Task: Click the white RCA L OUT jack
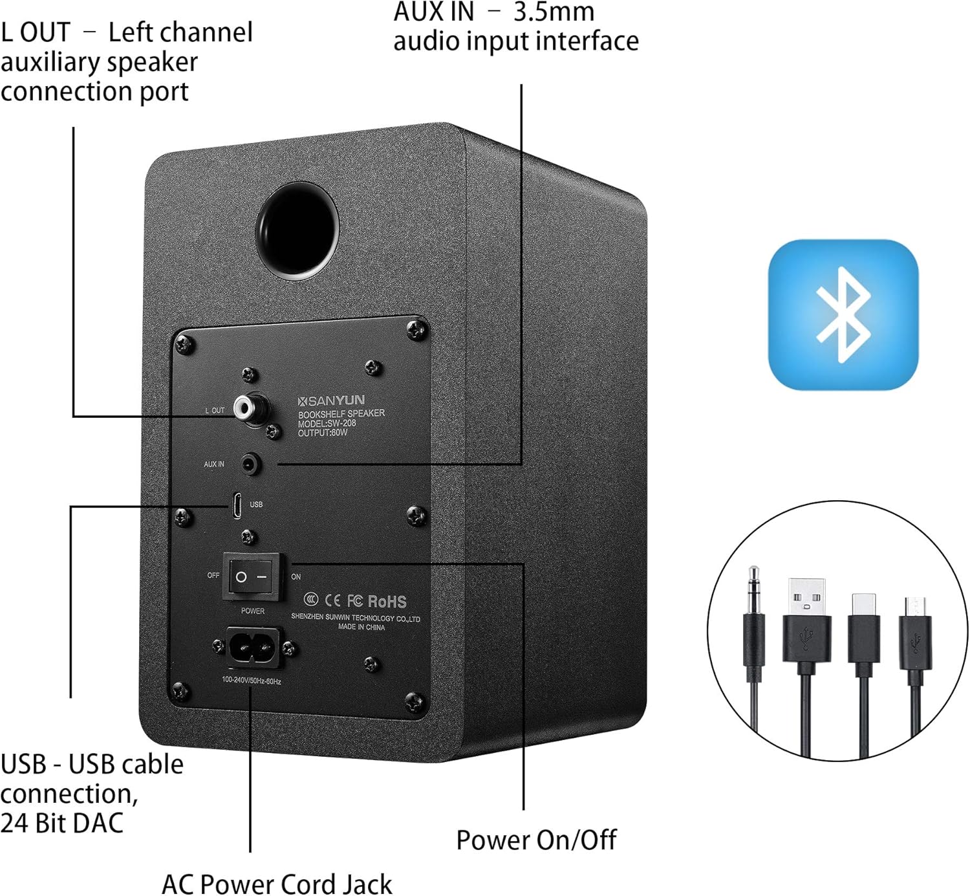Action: point(245,408)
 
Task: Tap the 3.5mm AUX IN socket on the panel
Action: point(251,464)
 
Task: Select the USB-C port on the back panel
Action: point(237,505)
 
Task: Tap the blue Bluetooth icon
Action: point(843,314)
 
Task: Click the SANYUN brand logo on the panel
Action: point(331,400)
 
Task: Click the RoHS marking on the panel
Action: point(387,602)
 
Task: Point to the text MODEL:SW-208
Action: point(327,424)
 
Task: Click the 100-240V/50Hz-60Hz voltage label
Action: point(251,681)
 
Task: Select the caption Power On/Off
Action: point(536,840)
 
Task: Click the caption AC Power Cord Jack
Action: point(277,884)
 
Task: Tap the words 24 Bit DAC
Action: point(62,824)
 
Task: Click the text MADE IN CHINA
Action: point(361,627)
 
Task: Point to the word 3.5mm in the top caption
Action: point(554,12)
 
